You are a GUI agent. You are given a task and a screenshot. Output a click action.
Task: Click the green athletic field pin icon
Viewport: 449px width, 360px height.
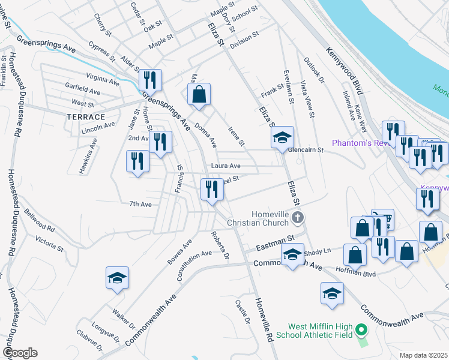click(361, 330)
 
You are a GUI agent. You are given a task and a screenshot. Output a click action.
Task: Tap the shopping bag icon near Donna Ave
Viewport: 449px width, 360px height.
click(199, 94)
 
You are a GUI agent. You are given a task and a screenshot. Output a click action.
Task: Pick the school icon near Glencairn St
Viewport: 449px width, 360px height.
click(282, 137)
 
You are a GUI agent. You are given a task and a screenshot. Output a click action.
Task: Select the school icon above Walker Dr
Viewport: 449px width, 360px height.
click(117, 277)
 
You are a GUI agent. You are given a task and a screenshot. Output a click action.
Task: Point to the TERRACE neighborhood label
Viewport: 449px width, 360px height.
click(86, 116)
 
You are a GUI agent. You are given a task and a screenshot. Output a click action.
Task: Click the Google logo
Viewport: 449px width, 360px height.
click(20, 353)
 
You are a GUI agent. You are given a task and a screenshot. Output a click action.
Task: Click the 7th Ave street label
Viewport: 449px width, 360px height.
click(140, 204)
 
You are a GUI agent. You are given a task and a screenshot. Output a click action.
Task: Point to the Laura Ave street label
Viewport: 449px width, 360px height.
click(226, 166)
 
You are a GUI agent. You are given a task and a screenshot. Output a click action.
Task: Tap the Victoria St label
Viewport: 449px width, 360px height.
click(49, 243)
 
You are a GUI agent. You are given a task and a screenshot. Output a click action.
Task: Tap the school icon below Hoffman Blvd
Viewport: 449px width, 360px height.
click(332, 293)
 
